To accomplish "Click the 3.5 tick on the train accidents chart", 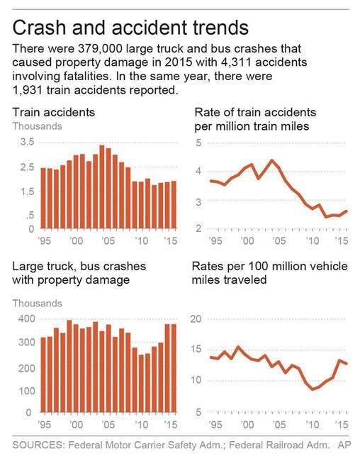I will [x=26, y=142].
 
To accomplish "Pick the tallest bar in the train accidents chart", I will [x=101, y=188].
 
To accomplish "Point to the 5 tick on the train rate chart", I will [x=199, y=143].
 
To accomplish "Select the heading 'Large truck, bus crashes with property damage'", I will [x=78, y=272].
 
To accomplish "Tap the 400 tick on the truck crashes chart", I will [x=23, y=318].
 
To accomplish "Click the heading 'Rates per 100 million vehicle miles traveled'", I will [x=271, y=272].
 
